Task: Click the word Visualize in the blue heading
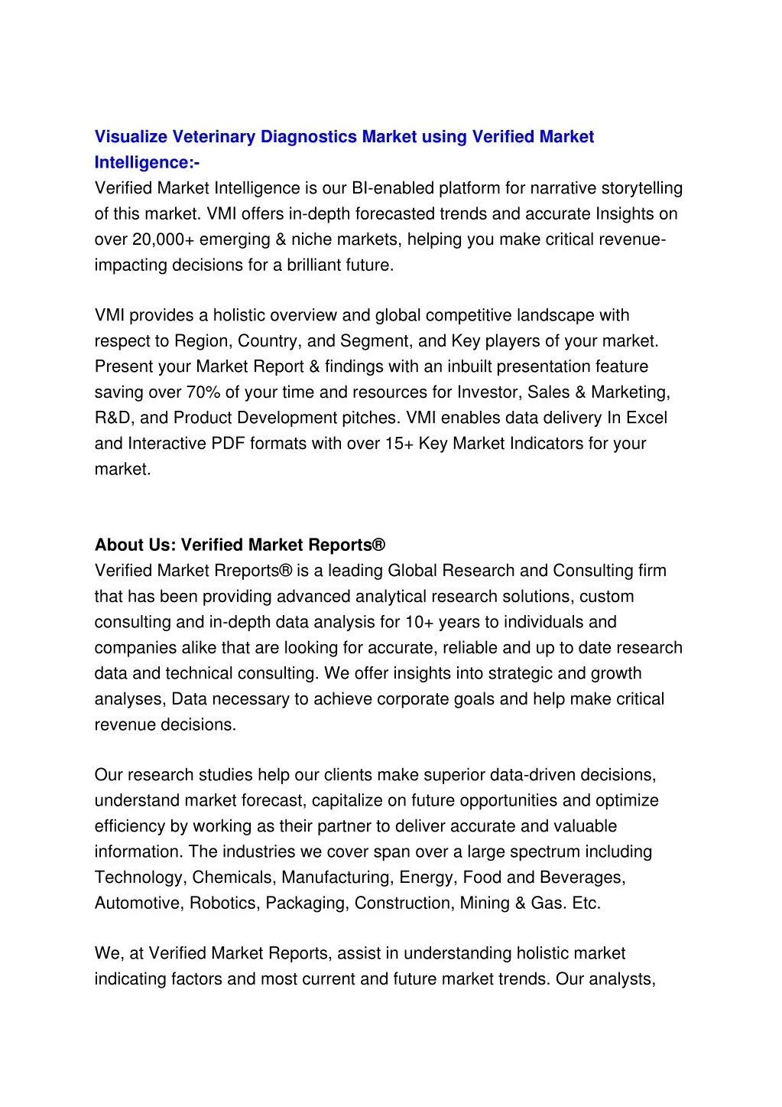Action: point(131,137)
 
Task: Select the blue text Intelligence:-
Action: point(147,163)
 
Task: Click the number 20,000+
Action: point(163,239)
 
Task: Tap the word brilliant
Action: point(316,265)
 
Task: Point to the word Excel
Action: point(647,418)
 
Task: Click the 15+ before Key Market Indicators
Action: point(400,444)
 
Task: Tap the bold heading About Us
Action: point(135,545)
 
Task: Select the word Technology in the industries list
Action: point(140,877)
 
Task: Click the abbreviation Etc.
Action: point(586,903)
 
